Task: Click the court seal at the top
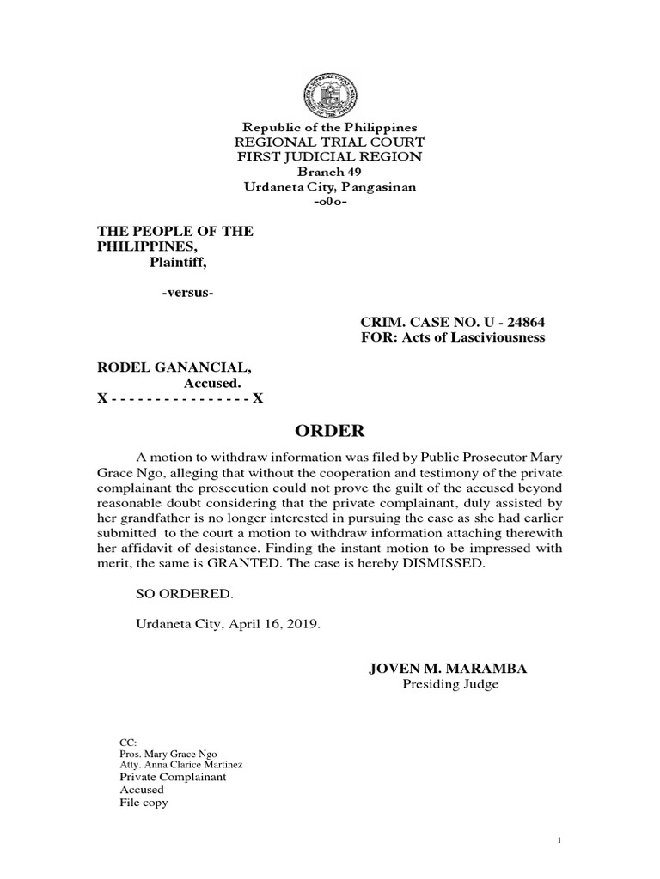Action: click(331, 88)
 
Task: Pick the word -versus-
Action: click(187, 294)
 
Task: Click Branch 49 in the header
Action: click(331, 172)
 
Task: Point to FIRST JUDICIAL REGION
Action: click(331, 156)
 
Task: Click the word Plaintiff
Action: click(180, 262)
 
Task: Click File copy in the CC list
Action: click(144, 803)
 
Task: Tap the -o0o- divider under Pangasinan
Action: click(331, 202)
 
